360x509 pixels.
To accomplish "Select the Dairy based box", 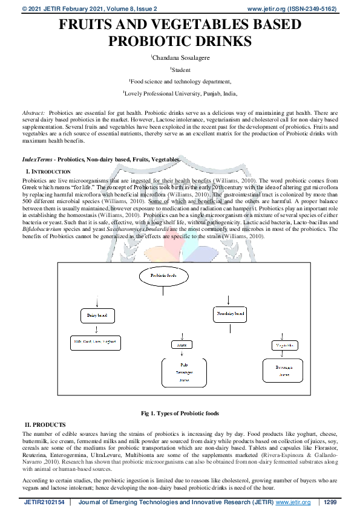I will pyautogui.click(x=96, y=316).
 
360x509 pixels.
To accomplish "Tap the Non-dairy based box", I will pyautogui.click(x=230, y=314).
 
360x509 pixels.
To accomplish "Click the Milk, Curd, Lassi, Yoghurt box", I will pyautogui.click(x=94, y=342).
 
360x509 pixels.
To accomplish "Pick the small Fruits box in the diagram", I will pyautogui.click(x=180, y=345).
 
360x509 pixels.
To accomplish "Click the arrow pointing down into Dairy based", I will pyautogui.click(x=96, y=301).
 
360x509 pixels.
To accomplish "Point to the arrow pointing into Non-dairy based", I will pyautogui.click(x=227, y=300).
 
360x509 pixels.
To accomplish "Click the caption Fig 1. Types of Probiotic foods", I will pyautogui.click(x=180, y=413).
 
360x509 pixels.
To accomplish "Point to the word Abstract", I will pyautogui.click(x=33, y=113).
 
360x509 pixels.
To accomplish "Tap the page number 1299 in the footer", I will pyautogui.click(x=330, y=502).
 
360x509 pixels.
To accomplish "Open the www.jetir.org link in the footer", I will pyautogui.click(x=293, y=502).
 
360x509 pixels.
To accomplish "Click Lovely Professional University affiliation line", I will pyautogui.click(x=180, y=94).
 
